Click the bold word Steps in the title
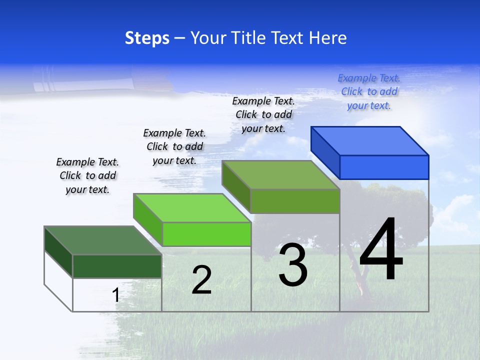(147, 38)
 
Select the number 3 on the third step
(293, 265)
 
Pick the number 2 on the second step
(202, 280)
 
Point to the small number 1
(115, 295)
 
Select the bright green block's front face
(206, 234)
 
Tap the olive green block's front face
(295, 201)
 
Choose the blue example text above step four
(369, 92)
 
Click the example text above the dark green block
(87, 175)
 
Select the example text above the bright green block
(174, 146)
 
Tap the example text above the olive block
(263, 114)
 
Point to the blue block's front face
(384, 167)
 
